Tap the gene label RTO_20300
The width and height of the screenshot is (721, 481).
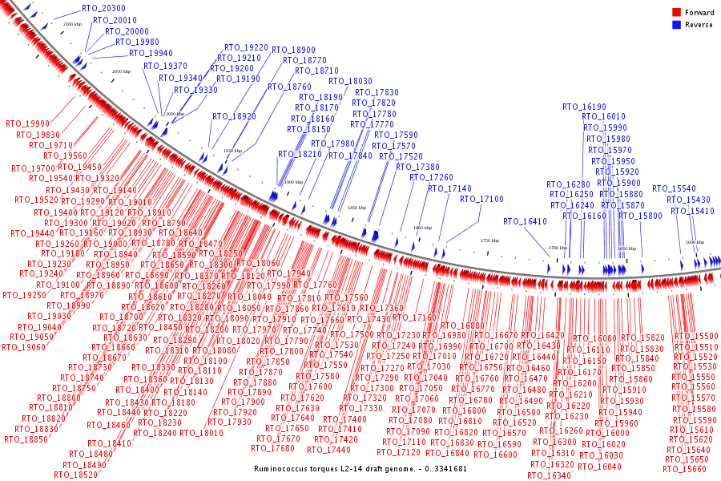[103, 8]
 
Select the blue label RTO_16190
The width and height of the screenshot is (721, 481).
[584, 107]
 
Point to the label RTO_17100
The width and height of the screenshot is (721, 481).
[481, 199]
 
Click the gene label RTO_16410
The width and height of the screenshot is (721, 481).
[525, 221]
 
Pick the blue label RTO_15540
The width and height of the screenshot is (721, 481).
[674, 189]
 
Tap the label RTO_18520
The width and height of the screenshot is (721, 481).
[75, 475]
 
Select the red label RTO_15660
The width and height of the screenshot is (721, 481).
[686, 470]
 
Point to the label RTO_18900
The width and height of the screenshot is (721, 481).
[293, 50]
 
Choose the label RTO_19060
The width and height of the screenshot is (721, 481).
[23, 347]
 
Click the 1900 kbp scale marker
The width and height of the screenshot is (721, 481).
[293, 182]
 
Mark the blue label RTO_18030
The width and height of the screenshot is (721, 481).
[350, 82]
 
